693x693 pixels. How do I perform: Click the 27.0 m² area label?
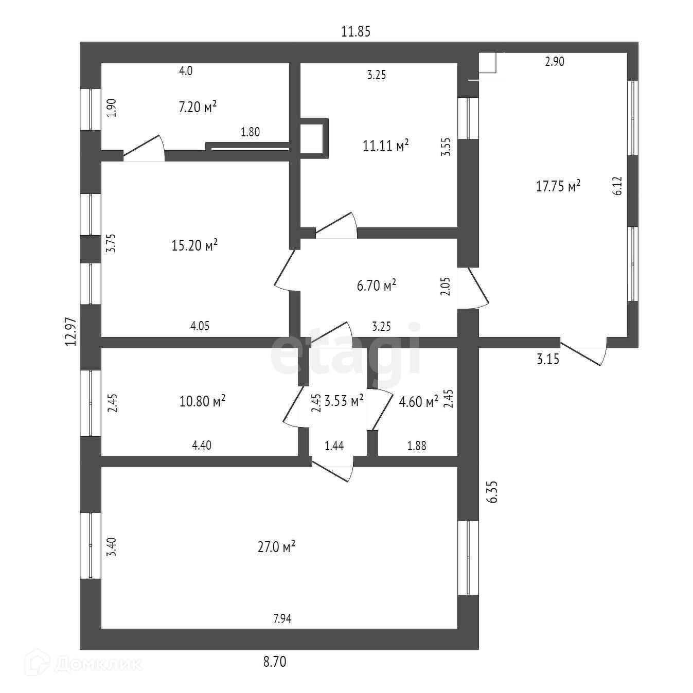click(x=276, y=546)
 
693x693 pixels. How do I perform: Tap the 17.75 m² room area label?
click(x=558, y=186)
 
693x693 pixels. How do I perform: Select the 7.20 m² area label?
click(x=198, y=107)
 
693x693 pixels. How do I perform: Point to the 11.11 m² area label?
click(x=386, y=146)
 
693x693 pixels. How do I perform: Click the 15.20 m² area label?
click(x=194, y=245)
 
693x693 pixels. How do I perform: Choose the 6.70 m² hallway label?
click(x=377, y=285)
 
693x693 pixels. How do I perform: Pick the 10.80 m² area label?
click(x=203, y=401)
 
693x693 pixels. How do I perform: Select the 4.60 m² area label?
click(x=418, y=401)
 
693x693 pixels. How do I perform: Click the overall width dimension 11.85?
click(x=356, y=31)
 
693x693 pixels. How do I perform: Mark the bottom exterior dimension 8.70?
click(x=275, y=662)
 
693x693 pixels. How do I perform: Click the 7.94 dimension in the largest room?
click(x=282, y=618)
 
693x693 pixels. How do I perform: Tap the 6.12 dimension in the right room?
click(x=618, y=186)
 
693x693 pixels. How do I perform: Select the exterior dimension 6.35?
click(x=493, y=492)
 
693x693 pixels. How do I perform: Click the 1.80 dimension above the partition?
click(x=251, y=132)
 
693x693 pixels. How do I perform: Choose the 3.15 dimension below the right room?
click(x=548, y=359)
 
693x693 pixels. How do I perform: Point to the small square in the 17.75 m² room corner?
click(x=487, y=62)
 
